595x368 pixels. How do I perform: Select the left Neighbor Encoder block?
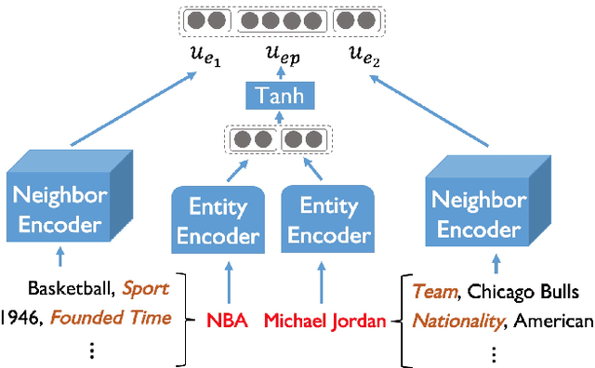point(59,209)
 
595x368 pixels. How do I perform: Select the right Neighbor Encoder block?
point(479,214)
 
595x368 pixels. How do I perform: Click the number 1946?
point(20,318)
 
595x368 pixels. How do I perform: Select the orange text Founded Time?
point(112,318)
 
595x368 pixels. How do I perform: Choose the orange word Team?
point(435,292)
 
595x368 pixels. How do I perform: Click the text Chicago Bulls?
point(523,292)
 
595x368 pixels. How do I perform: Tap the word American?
point(554,322)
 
